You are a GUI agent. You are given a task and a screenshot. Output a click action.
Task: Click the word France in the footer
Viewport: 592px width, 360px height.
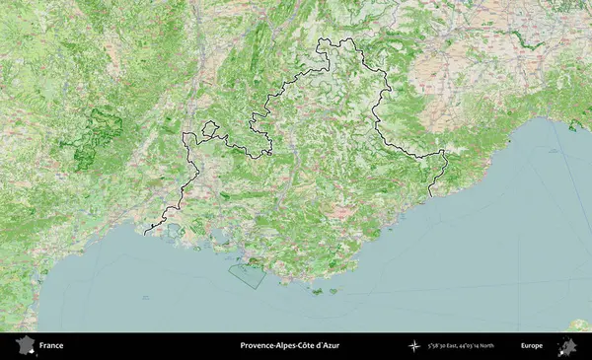click(x=51, y=346)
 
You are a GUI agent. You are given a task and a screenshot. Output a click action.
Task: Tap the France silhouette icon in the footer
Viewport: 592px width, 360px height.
click(x=24, y=346)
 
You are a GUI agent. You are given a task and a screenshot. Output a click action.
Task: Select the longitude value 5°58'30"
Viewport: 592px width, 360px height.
click(x=440, y=346)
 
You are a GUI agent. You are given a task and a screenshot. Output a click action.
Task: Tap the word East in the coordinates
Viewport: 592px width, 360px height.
click(x=461, y=346)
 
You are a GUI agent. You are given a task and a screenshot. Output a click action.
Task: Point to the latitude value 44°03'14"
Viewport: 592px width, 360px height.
click(x=482, y=346)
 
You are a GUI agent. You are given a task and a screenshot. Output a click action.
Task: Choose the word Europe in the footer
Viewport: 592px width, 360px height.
click(x=532, y=346)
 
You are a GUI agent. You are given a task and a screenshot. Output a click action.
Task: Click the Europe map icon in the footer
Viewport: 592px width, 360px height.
click(x=567, y=346)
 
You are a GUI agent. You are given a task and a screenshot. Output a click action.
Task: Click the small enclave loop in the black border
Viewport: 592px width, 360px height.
click(x=208, y=128)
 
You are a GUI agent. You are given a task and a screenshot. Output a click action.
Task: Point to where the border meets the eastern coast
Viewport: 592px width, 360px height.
click(x=431, y=195)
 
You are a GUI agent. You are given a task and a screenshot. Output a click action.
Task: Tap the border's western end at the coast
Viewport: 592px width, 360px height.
click(x=145, y=234)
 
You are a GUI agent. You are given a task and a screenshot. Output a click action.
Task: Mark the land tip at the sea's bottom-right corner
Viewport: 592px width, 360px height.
click(x=579, y=324)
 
